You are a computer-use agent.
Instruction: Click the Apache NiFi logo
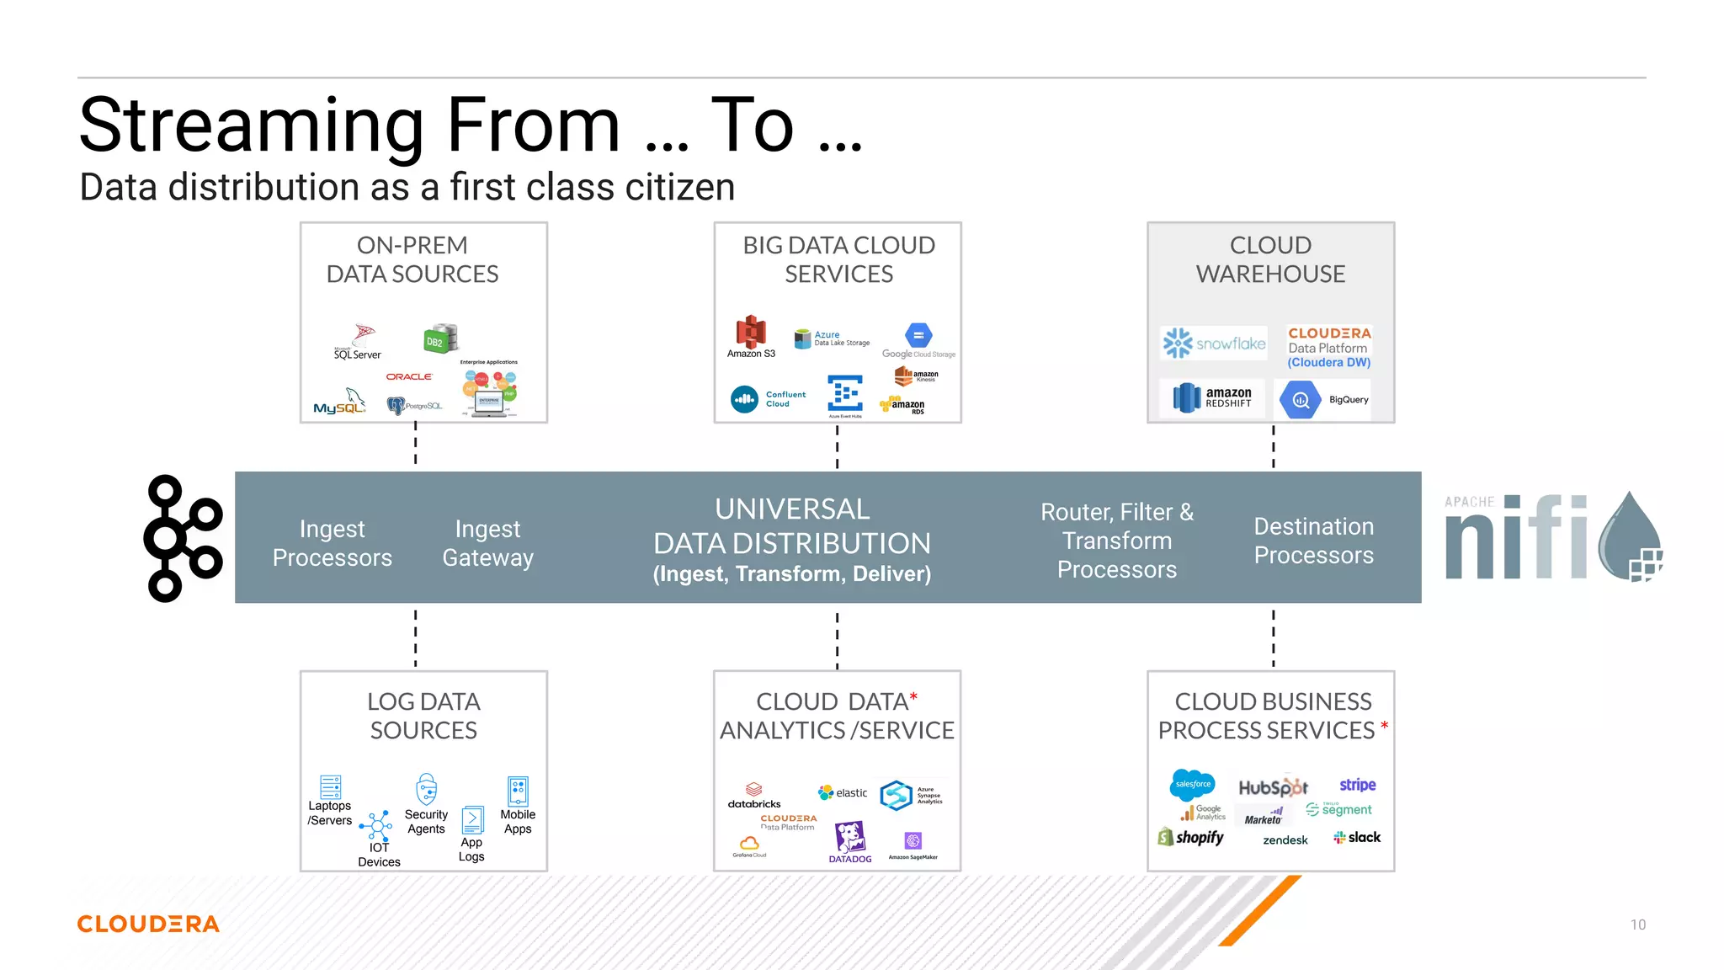coord(1553,537)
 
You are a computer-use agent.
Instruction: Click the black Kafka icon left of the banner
coord(184,538)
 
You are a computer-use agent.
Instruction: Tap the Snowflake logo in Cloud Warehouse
coord(1214,344)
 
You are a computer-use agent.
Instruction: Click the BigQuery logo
coord(1324,400)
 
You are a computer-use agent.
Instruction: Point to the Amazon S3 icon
coord(751,333)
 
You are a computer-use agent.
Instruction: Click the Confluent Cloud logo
coord(768,399)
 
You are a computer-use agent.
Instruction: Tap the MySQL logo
coord(339,403)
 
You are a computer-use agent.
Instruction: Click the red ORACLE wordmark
coord(409,376)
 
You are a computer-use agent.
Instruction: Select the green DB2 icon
coord(440,338)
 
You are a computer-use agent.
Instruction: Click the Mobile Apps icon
coord(518,791)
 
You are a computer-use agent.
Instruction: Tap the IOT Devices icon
coord(376,825)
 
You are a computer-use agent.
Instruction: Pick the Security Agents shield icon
coord(427,790)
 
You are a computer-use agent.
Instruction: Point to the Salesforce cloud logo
coord(1193,784)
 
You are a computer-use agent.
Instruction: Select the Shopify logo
coord(1191,837)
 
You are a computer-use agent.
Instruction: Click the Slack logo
coord(1357,837)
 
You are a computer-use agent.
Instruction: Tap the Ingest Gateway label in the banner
coord(488,543)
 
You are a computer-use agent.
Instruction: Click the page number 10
coord(1637,925)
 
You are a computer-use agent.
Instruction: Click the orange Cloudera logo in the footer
coord(148,925)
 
